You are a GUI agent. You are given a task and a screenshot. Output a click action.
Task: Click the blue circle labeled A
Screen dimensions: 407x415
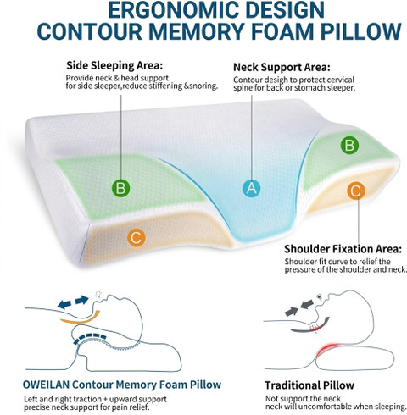[251, 188]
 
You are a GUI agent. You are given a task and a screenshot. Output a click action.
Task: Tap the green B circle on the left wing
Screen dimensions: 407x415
[121, 188]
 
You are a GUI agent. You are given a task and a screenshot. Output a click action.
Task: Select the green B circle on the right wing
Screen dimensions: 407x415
[349, 145]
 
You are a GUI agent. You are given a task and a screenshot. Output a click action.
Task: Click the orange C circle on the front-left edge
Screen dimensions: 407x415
[137, 238]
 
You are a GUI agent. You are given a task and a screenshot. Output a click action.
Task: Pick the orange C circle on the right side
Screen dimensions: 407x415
[356, 191]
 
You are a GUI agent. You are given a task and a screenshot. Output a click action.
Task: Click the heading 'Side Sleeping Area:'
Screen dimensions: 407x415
[114, 65]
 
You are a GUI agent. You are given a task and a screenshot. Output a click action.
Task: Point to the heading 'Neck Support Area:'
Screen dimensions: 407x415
[282, 67]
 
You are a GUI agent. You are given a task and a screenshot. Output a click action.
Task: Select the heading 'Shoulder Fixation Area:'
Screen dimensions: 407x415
[343, 249]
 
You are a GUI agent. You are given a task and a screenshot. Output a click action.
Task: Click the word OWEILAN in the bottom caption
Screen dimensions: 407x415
[46, 385]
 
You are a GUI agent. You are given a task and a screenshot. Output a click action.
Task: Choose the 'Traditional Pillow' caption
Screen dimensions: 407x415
[309, 385]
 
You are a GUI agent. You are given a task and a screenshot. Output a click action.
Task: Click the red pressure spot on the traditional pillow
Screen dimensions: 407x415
[328, 350]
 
